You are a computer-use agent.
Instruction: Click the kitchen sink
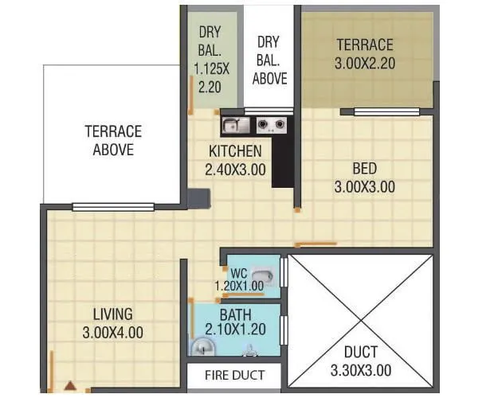tap(233, 124)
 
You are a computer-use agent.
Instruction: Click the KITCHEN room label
tap(235, 151)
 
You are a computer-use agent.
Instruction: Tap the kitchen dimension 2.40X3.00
tap(235, 169)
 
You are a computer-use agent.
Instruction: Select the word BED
tap(365, 169)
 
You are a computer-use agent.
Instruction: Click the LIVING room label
tap(112, 314)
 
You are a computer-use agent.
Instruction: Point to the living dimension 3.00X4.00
tap(112, 332)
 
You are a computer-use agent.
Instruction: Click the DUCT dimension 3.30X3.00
tap(361, 370)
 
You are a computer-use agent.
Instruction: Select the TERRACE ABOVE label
tap(112, 140)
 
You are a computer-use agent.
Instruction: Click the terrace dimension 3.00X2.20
tap(365, 61)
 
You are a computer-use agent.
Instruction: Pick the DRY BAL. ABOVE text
tap(268, 60)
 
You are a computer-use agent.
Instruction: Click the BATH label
tap(236, 314)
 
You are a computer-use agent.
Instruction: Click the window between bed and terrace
tap(386, 109)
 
